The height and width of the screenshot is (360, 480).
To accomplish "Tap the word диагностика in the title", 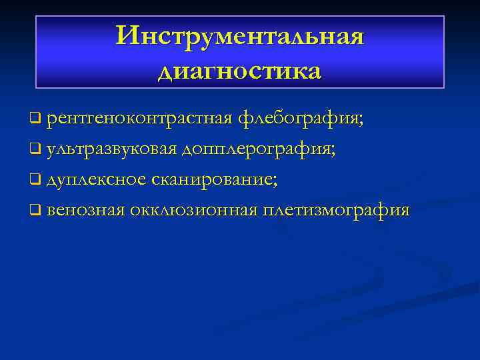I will coord(240,69).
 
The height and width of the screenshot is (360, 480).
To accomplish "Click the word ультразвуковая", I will coord(111,149).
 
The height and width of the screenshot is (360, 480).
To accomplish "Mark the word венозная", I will coord(86,211).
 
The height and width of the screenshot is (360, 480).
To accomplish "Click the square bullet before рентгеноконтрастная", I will coord(35,120).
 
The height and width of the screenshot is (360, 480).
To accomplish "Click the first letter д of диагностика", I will coord(167,71).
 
